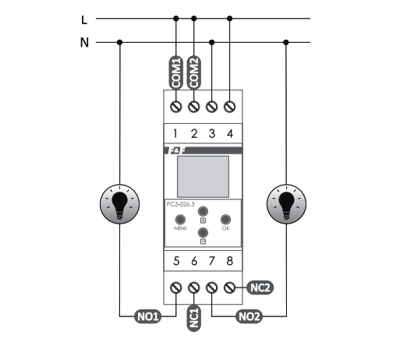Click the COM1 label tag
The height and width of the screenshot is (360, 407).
[176, 72]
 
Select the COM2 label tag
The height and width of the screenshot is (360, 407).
[194, 72]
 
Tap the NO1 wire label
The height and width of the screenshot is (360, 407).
[148, 316]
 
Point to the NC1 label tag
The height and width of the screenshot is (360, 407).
[194, 318]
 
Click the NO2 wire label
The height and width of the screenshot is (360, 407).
[250, 316]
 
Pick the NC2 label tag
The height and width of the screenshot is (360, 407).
[260, 288]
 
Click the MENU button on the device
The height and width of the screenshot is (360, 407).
[180, 220]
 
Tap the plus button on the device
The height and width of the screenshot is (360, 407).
[203, 211]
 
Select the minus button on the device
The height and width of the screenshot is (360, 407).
[203, 232]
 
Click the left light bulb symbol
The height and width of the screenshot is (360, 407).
[120, 204]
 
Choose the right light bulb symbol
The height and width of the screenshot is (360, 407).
[286, 204]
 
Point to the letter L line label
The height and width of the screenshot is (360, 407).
[84, 19]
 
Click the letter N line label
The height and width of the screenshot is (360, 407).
[84, 42]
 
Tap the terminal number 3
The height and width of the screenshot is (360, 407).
[212, 134]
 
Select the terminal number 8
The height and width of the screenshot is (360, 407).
[230, 261]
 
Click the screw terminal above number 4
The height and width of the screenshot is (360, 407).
[230, 107]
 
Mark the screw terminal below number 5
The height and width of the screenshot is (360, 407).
[176, 288]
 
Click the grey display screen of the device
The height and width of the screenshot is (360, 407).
[203, 177]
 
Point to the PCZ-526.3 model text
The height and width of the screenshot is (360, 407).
[180, 204]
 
